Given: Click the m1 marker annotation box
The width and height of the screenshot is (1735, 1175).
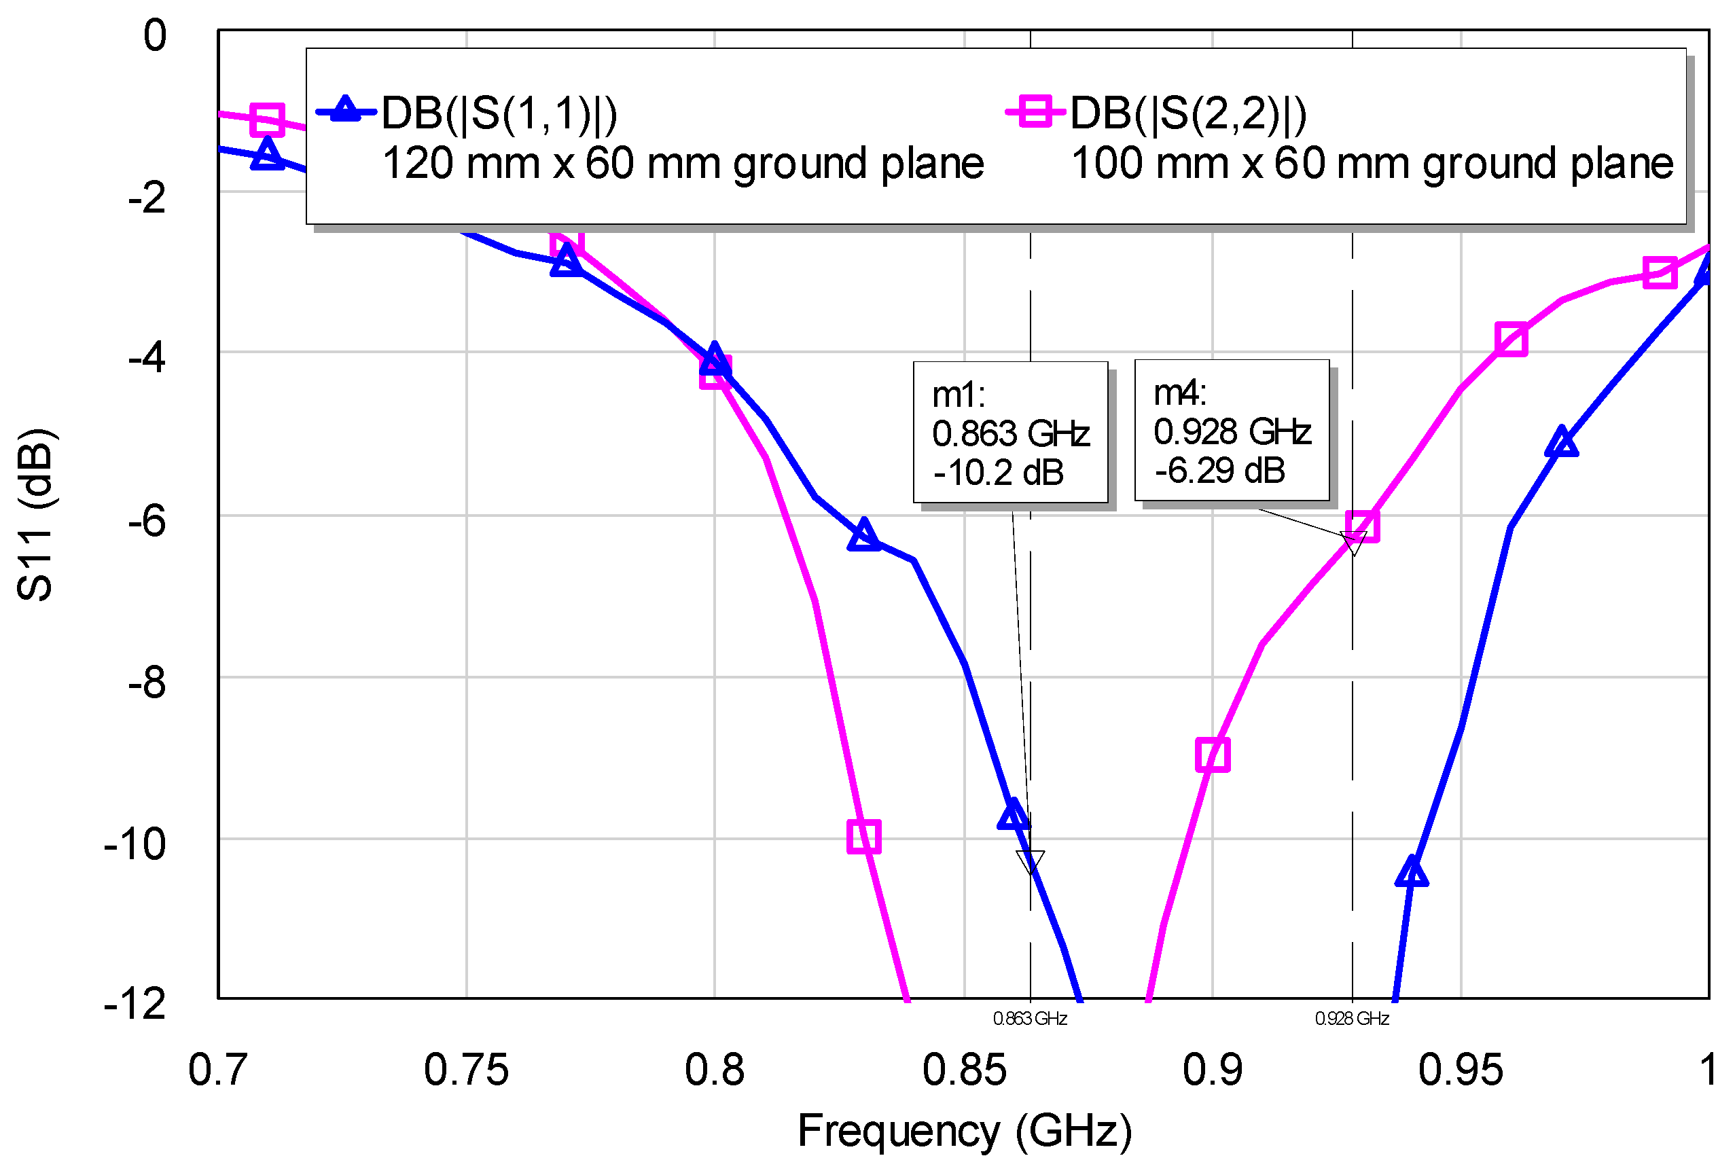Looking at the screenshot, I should tap(1009, 431).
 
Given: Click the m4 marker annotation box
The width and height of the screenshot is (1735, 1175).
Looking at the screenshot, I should tap(1231, 429).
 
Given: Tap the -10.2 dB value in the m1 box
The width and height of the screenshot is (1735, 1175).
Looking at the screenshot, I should tap(997, 473).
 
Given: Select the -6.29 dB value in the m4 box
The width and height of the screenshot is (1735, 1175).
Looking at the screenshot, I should tap(1219, 470).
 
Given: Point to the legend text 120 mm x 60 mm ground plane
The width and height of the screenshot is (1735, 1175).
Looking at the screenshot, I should tap(682, 163).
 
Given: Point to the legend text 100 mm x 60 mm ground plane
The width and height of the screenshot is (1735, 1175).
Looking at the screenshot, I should tap(1372, 163).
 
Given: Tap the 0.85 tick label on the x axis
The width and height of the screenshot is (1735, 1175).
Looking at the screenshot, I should tap(964, 1069).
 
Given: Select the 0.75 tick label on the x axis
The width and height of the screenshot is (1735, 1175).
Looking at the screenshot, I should tap(466, 1069).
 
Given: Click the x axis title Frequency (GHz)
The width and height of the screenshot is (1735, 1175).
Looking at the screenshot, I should tap(965, 1130).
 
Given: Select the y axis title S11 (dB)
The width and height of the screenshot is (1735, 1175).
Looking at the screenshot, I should tap(35, 514).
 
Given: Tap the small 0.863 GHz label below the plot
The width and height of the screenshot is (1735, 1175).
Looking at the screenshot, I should tap(1029, 1018).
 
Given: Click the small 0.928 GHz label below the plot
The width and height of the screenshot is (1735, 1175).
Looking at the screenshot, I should tap(1351, 1018).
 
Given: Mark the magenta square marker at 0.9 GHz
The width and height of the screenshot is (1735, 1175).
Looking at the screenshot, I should tap(1213, 755).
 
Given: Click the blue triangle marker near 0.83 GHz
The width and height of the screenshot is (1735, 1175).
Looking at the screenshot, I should tap(864, 535).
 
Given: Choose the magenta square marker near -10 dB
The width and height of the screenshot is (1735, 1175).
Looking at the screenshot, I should tap(864, 836).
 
